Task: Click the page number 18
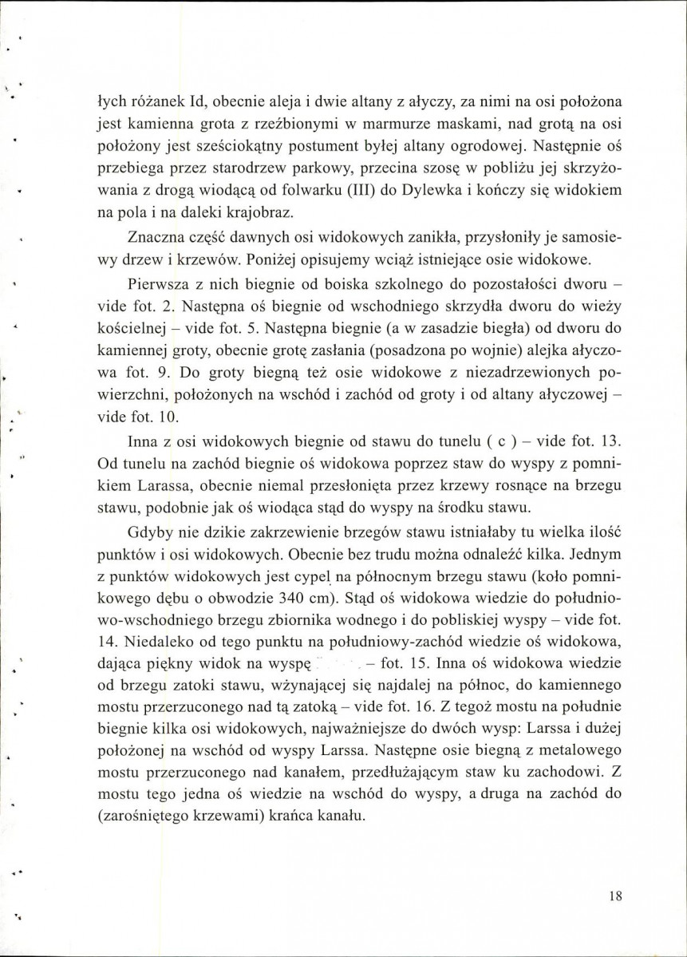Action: pyautogui.click(x=614, y=896)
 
